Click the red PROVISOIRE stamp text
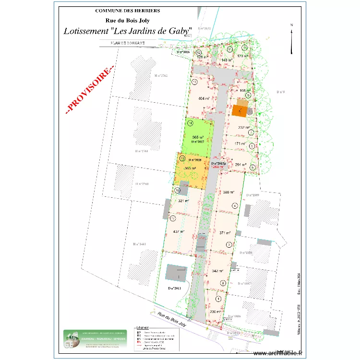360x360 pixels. (90, 89)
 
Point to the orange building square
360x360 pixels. (240, 111)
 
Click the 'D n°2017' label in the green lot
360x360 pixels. (197, 142)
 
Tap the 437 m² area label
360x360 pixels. (179, 231)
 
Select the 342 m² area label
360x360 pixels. (218, 271)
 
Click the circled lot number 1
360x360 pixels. (219, 299)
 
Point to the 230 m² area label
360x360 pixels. (216, 312)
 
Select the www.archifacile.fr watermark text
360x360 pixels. (278, 353)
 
